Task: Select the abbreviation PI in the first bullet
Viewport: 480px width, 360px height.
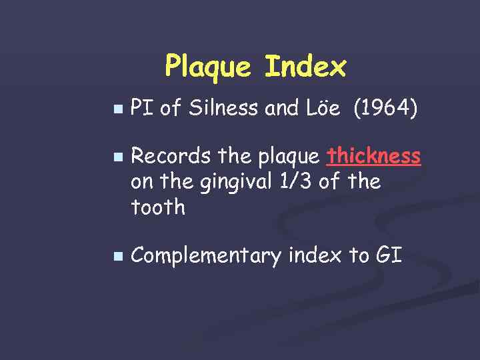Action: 142,107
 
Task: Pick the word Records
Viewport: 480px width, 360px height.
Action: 170,157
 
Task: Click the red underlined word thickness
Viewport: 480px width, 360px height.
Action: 373,157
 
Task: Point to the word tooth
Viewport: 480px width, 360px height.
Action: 158,207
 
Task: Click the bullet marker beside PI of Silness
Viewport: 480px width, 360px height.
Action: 118,109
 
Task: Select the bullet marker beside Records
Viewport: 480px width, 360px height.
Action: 118,158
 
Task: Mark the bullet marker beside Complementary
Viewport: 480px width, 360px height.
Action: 118,256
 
